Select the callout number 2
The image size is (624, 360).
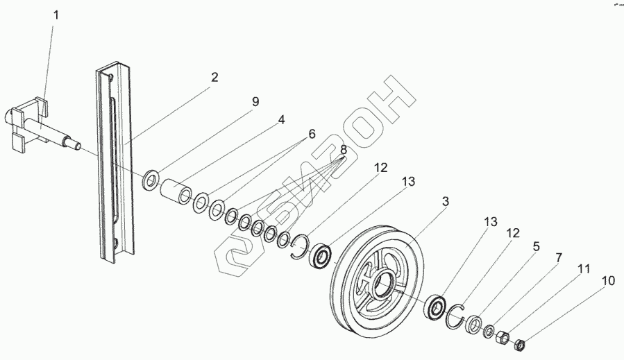pyautogui.click(x=214, y=78)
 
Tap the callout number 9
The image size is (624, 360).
pyautogui.click(x=255, y=102)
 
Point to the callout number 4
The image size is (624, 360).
pyautogui.click(x=281, y=119)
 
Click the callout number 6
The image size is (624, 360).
pyautogui.click(x=312, y=133)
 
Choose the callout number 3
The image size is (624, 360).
pyautogui.click(x=446, y=202)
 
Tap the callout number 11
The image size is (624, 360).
pyautogui.click(x=585, y=268)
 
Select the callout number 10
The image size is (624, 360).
pyautogui.click(x=608, y=281)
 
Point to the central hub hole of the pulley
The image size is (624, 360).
pyautogui.click(x=380, y=282)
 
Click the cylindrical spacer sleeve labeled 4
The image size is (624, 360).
pyautogui.click(x=174, y=191)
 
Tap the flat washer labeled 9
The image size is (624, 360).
pyautogui.click(x=151, y=182)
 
